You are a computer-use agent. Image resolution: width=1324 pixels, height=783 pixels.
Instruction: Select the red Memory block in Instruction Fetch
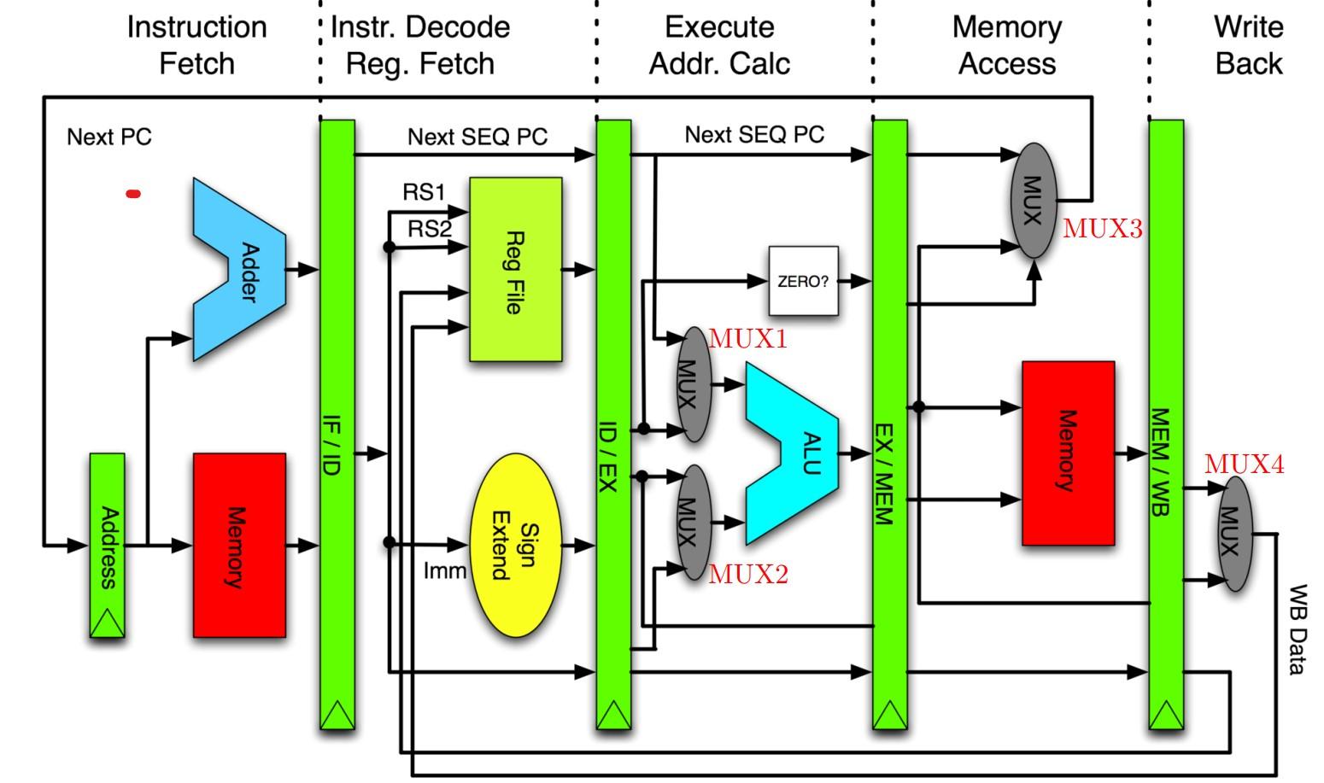click(x=239, y=545)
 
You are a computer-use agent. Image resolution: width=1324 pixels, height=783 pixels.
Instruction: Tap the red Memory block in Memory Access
click(x=1068, y=453)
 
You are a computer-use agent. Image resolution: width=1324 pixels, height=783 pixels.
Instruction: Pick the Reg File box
click(x=516, y=270)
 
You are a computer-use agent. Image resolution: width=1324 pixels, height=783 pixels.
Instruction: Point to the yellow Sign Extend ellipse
click(x=516, y=545)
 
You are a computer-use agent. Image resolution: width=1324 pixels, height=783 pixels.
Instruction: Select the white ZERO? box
click(x=803, y=281)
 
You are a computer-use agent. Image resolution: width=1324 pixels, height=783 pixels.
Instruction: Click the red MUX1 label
click(x=747, y=339)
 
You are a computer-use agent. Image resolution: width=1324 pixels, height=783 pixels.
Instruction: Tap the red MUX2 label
click(x=748, y=575)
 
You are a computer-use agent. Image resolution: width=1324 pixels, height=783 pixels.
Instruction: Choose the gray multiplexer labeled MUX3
click(x=1033, y=201)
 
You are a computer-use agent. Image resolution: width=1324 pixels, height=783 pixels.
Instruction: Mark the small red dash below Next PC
click(x=133, y=194)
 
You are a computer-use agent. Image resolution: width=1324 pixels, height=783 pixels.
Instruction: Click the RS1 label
click(x=424, y=192)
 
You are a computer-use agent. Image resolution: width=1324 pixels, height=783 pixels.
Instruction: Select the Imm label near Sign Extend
click(x=445, y=570)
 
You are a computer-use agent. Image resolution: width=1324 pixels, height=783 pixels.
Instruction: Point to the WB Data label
click(x=1297, y=629)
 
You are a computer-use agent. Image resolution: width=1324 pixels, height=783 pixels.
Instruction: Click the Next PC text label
click(x=109, y=137)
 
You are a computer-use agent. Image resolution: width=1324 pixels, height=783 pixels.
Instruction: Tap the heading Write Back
click(x=1248, y=45)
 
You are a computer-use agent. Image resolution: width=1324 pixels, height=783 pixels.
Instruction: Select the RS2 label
click(x=429, y=229)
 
